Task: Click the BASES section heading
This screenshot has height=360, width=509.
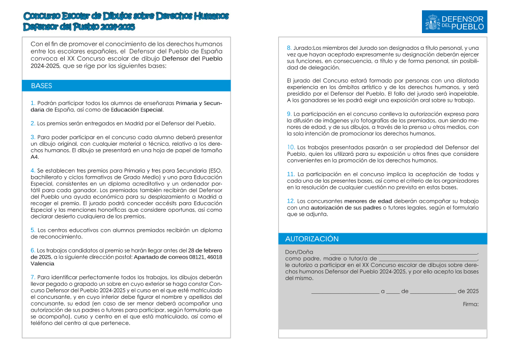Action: [42, 86]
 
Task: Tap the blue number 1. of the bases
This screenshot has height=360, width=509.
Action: [33, 103]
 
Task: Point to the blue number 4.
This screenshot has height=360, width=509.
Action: [33, 170]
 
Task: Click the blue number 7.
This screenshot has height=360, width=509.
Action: [33, 277]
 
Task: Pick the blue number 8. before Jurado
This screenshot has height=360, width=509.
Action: [289, 48]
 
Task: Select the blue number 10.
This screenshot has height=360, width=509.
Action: [291, 147]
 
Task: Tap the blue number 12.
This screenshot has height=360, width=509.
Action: [291, 201]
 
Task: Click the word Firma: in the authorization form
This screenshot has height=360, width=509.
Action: [471, 304]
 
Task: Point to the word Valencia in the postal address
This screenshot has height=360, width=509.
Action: [42, 264]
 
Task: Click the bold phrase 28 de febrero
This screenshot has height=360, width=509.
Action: [205, 251]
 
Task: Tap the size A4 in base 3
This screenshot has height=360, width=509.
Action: [35, 157]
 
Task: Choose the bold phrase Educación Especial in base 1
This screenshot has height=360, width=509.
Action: [137, 109]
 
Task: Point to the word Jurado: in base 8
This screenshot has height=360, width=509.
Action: [303, 48]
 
